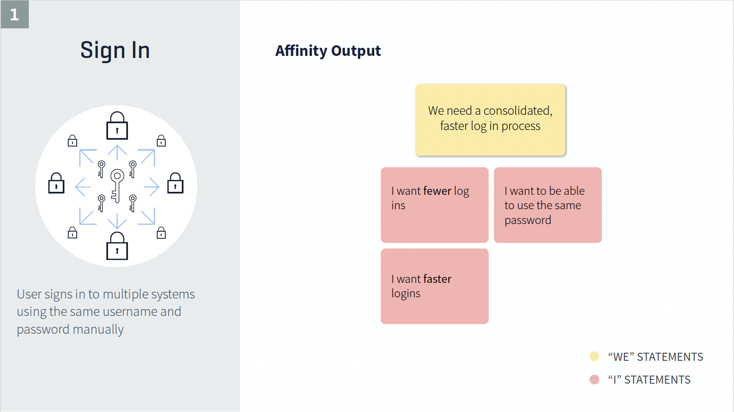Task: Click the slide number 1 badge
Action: (x=15, y=14)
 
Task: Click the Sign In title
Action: (x=115, y=50)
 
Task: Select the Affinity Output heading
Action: (x=328, y=51)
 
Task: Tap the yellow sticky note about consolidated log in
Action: (x=490, y=120)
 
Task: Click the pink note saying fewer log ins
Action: (x=435, y=205)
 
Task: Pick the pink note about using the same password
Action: (x=548, y=205)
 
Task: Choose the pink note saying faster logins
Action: (x=435, y=286)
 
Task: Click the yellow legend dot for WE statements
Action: (x=595, y=356)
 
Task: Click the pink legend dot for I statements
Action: (x=595, y=379)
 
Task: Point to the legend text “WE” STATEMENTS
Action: (x=656, y=357)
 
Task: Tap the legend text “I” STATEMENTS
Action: (x=649, y=380)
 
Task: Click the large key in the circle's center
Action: (x=117, y=185)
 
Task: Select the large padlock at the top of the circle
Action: (x=117, y=125)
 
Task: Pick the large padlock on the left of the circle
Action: (x=56, y=183)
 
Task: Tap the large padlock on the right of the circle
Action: (x=175, y=183)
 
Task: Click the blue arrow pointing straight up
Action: (x=117, y=153)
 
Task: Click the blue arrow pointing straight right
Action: (x=152, y=187)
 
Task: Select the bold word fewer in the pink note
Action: (x=437, y=191)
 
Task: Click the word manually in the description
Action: (x=98, y=329)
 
